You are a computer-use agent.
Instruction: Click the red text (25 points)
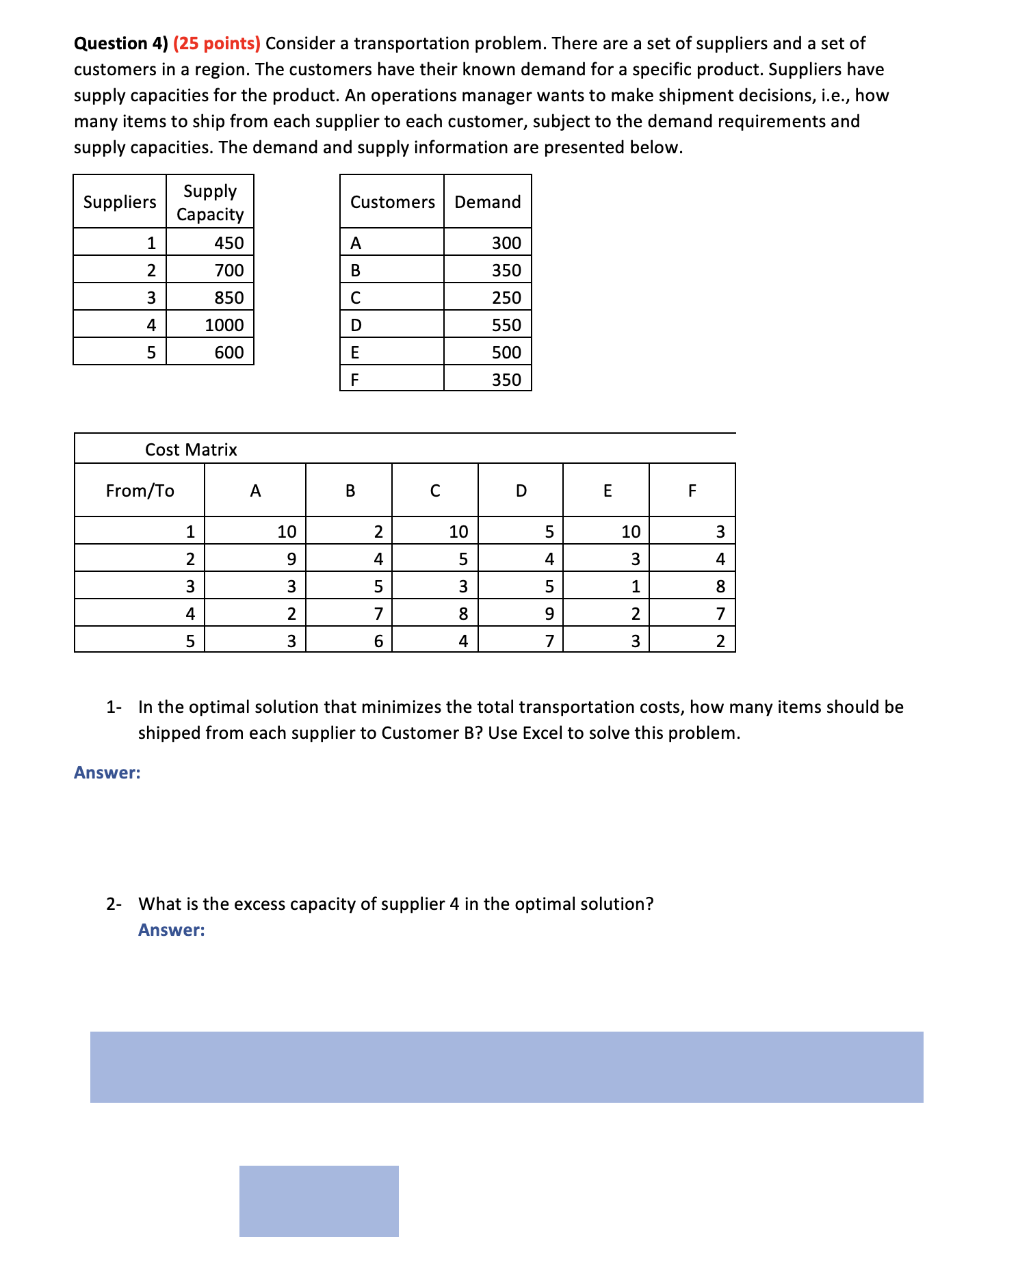point(216,44)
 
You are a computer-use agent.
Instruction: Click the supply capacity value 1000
point(224,325)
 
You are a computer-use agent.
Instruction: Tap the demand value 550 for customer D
point(506,325)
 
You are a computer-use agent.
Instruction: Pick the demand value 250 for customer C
point(506,298)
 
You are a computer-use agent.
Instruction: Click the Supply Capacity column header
point(210,202)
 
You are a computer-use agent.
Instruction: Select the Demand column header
point(487,202)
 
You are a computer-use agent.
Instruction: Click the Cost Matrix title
point(191,449)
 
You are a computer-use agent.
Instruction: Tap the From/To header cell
point(140,490)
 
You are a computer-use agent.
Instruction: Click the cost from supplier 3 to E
point(635,586)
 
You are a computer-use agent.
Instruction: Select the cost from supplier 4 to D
point(549,614)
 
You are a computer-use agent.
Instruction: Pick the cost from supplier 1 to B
point(378,532)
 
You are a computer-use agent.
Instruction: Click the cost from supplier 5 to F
point(720,641)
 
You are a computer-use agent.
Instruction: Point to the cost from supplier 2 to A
point(291,559)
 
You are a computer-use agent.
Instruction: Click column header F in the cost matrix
point(692,490)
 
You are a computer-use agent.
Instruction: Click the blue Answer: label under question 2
point(171,930)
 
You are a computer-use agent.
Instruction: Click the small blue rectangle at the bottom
point(319,1201)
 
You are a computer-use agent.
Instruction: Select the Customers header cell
point(392,202)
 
